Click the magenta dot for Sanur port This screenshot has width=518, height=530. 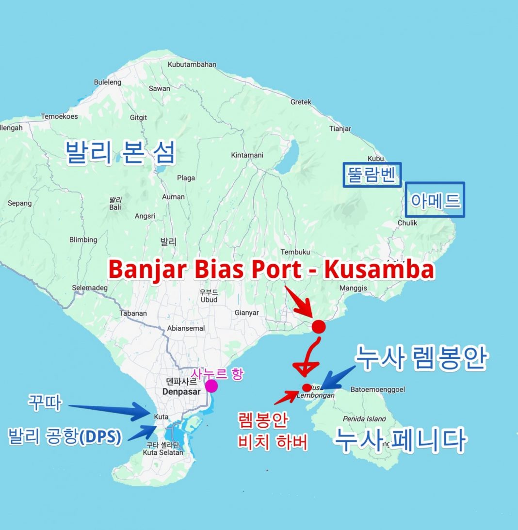211,386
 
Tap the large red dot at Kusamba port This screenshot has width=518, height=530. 318,326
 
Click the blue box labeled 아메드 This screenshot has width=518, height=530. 435,199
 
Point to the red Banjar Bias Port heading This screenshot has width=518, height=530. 271,270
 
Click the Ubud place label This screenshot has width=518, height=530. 209,300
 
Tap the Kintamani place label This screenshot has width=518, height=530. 247,155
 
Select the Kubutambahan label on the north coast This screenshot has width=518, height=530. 191,64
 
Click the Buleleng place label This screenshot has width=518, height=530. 108,82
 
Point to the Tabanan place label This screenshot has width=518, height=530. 133,313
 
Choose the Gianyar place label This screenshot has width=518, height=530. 246,313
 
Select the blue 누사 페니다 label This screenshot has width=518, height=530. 401,440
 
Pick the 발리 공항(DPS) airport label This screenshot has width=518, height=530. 64,437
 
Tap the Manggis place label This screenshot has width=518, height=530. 354,288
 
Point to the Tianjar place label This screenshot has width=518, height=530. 340,128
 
